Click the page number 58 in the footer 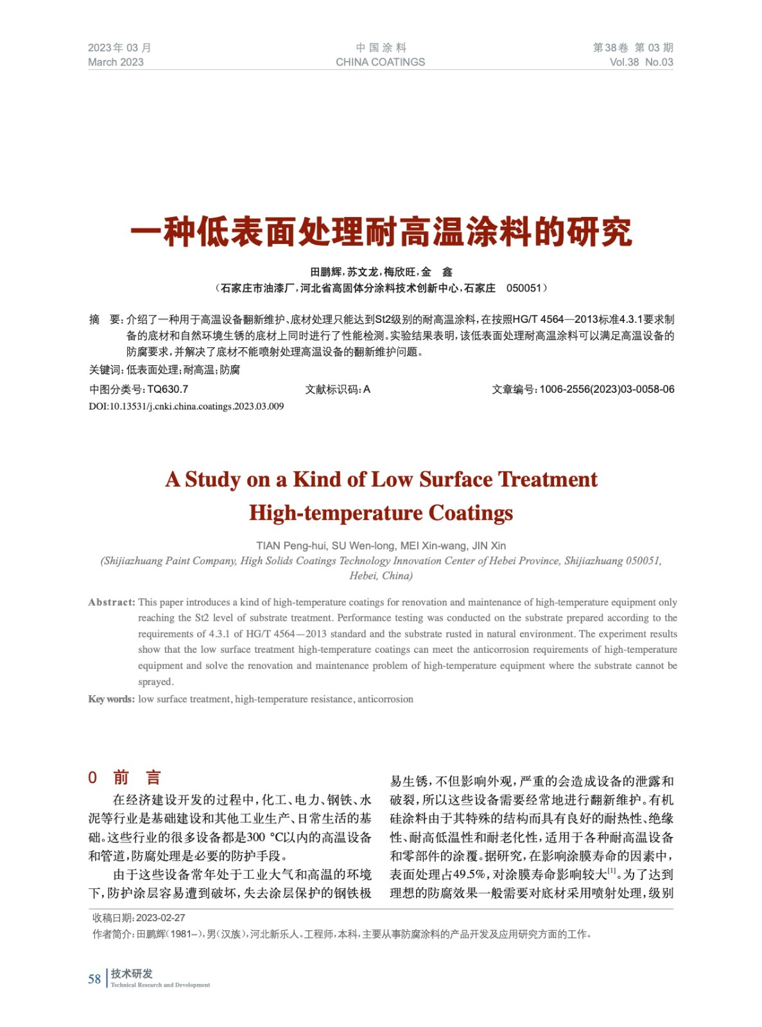click(x=94, y=979)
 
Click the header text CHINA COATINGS click(x=380, y=62)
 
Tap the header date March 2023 click(x=116, y=62)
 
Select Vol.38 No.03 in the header click(x=641, y=62)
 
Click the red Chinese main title click(x=381, y=232)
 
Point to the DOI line click(x=186, y=406)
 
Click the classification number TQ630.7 click(x=168, y=389)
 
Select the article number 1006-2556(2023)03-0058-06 click(x=607, y=389)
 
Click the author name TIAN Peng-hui click(x=291, y=546)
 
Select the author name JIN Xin click(x=489, y=546)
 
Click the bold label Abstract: click(x=112, y=602)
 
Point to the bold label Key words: click(x=111, y=699)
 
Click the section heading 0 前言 click(x=124, y=778)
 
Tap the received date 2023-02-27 click(x=160, y=918)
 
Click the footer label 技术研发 click(x=132, y=974)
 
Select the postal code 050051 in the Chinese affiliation click(x=524, y=288)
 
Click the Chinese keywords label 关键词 click(x=105, y=370)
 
